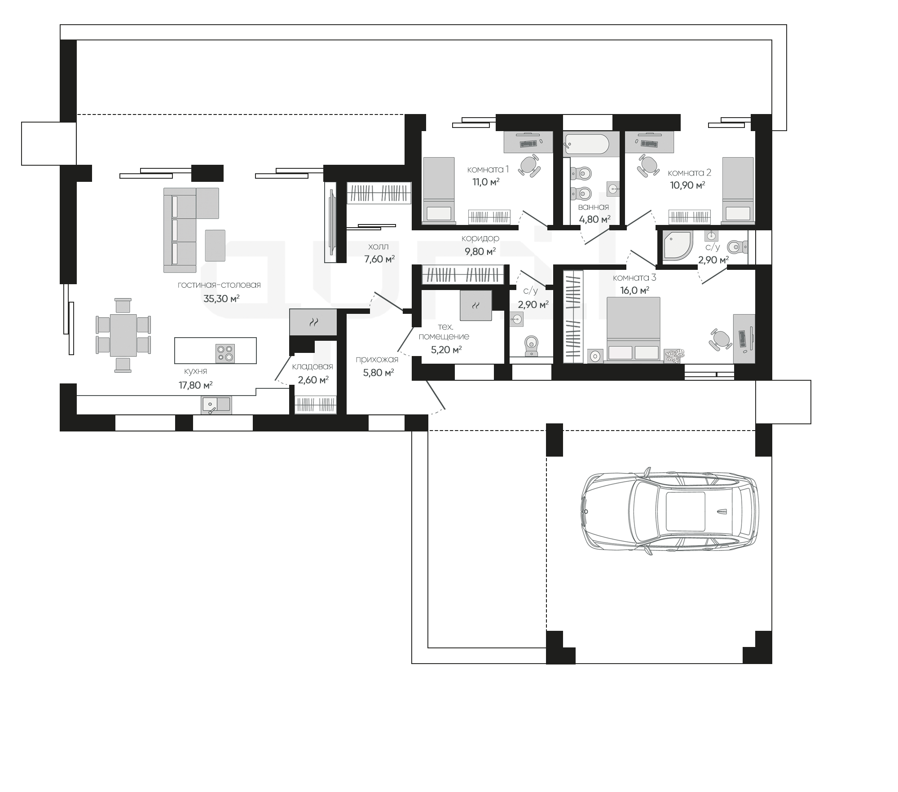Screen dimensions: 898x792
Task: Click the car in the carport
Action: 669,512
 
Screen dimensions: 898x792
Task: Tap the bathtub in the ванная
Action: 587,144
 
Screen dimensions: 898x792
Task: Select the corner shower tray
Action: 676,246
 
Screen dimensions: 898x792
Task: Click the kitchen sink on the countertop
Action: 216,405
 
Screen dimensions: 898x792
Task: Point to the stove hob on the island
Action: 225,353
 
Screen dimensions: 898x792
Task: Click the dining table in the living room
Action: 123,335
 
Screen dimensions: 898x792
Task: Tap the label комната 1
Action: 488,169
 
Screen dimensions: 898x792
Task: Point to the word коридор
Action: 480,238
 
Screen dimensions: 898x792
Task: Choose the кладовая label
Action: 313,367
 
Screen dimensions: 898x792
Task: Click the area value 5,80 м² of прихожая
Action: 379,372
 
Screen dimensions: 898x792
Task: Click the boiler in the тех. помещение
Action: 475,305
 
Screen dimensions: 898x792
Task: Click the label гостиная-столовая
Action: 219,285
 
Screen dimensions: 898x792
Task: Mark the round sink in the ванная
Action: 613,189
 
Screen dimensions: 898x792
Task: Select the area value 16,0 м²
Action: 634,290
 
